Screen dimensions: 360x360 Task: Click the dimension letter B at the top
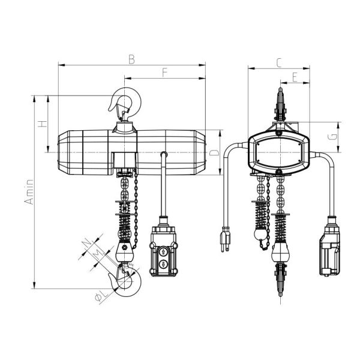(x=131, y=58)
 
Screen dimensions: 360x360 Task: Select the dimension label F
(x=164, y=73)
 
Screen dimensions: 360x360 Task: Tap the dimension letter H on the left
(x=41, y=124)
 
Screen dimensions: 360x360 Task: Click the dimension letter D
(x=213, y=154)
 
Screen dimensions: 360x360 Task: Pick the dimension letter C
(x=280, y=62)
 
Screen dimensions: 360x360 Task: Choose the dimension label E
(x=295, y=76)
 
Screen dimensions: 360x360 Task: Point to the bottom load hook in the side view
(x=128, y=282)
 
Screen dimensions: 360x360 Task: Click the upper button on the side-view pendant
(x=163, y=252)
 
